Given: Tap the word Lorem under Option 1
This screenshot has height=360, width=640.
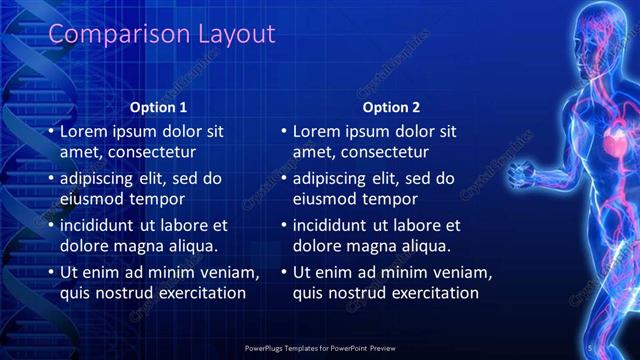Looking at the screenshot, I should tap(84, 131).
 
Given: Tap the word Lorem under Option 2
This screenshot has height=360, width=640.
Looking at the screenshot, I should tap(317, 131).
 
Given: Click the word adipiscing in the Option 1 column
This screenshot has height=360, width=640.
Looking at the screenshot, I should tap(100, 179).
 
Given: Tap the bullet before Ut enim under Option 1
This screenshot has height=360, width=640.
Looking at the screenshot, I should tap(51, 273).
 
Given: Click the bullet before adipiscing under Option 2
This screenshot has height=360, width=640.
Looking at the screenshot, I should tap(284, 179).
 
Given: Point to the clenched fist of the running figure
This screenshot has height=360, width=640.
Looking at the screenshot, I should tap(520, 175).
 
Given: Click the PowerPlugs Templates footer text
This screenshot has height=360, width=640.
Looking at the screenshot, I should tap(320, 347).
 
